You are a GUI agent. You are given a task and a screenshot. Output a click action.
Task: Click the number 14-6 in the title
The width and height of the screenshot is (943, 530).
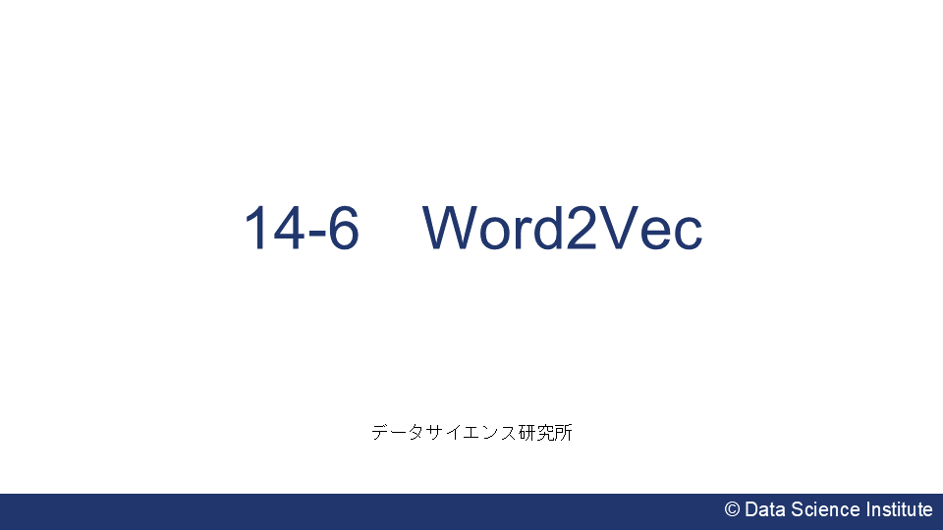(302, 230)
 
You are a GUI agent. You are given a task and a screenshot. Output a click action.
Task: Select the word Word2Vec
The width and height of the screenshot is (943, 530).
(563, 230)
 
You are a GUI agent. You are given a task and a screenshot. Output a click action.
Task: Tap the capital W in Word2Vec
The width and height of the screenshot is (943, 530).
(453, 230)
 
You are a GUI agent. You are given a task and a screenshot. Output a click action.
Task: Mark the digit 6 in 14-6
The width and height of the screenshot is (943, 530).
(343, 230)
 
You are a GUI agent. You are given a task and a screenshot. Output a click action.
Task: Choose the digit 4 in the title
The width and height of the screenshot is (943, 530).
(287, 230)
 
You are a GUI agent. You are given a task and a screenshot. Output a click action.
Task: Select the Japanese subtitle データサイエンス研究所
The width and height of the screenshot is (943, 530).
(471, 432)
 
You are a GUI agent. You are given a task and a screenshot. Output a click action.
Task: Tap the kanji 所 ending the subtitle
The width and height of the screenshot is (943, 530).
(563, 432)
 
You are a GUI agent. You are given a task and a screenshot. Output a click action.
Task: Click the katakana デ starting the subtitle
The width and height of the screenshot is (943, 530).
(381, 432)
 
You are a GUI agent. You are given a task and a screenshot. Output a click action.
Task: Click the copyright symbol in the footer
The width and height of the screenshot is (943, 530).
(732, 509)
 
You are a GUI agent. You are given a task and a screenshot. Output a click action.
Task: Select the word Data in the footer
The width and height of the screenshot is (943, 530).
(763, 509)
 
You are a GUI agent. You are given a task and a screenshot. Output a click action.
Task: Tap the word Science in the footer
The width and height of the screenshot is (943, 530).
(823, 509)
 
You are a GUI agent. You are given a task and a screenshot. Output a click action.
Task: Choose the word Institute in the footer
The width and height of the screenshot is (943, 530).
(899, 509)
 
